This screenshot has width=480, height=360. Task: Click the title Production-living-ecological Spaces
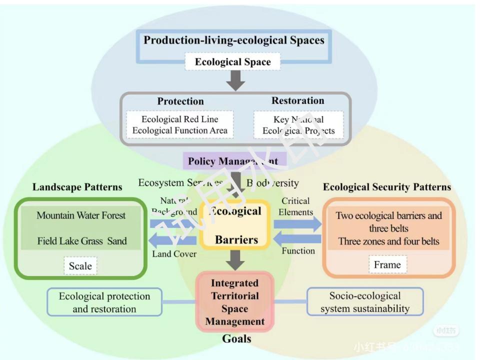234,40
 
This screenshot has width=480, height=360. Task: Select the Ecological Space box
232,62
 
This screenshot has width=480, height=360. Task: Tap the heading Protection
180,101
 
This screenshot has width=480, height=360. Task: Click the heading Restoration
297,100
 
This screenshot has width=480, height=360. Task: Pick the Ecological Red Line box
180,125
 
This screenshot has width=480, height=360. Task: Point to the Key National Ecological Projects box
298,125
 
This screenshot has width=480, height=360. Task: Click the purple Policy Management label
233,161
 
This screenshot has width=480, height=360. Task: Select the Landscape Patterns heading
77,187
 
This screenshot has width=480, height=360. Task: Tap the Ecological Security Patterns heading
386,187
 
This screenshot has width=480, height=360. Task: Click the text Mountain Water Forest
81,215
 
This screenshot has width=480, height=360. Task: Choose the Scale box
80,265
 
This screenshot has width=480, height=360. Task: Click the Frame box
387,264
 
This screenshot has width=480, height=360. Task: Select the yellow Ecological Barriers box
235,225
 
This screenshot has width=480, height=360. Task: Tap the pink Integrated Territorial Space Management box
234,302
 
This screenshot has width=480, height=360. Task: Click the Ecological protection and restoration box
104,302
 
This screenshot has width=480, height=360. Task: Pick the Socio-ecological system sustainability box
364,302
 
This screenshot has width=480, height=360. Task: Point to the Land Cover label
174,253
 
